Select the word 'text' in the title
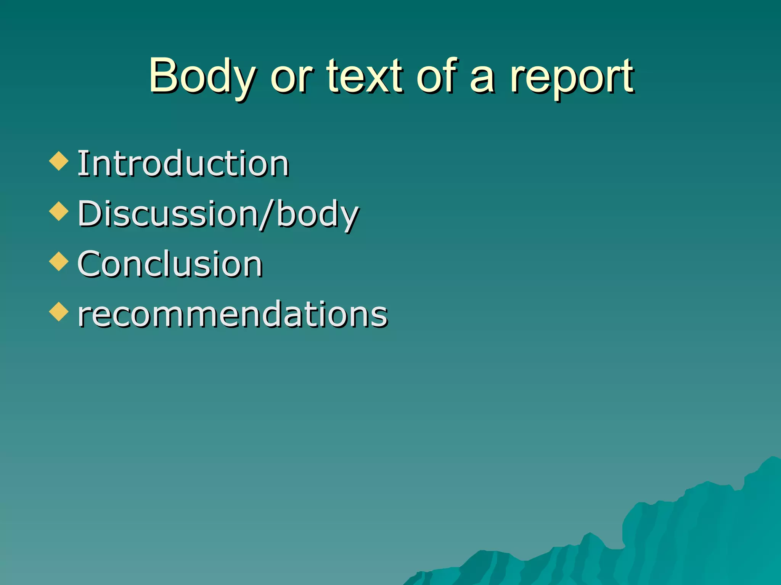pyautogui.click(x=365, y=76)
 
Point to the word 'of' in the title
pyautogui.click(x=437, y=76)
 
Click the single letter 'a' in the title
pyautogui.click(x=482, y=80)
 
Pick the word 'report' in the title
pyautogui.click(x=572, y=78)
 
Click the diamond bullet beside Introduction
pyautogui.click(x=59, y=161)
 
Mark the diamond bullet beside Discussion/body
pyautogui.click(x=59, y=211)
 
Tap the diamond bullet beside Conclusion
pyautogui.click(x=59, y=261)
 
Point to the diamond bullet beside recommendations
pyautogui.click(x=59, y=312)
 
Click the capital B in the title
pyautogui.click(x=162, y=75)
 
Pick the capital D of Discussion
pyautogui.click(x=90, y=214)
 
